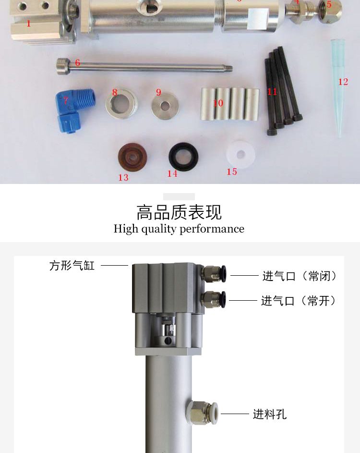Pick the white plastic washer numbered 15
click(x=240, y=154)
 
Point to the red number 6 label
click(x=77, y=63)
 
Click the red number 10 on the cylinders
click(x=218, y=103)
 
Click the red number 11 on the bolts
click(x=272, y=91)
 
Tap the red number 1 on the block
click(x=28, y=23)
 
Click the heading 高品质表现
click(x=179, y=212)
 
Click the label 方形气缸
click(x=72, y=266)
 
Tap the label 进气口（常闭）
click(x=300, y=276)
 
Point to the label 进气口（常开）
click(x=299, y=301)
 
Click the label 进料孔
click(x=270, y=414)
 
